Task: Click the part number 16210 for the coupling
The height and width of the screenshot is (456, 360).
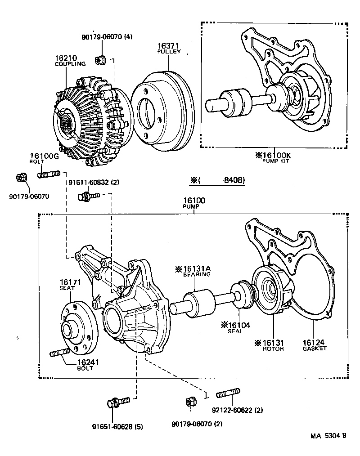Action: click(x=66, y=58)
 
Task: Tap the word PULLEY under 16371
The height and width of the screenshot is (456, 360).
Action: click(x=169, y=52)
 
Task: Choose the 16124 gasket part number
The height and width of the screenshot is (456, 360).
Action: click(x=315, y=342)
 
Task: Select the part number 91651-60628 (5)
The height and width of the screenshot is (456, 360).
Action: click(x=118, y=427)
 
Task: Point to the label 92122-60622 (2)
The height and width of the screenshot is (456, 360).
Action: click(x=237, y=410)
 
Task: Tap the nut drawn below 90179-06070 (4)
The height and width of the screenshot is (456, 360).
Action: click(x=100, y=59)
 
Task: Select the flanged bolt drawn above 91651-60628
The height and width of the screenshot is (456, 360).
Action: click(x=118, y=401)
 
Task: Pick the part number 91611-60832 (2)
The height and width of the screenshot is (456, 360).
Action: click(x=94, y=183)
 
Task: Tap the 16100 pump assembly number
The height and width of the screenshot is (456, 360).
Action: click(x=194, y=201)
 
